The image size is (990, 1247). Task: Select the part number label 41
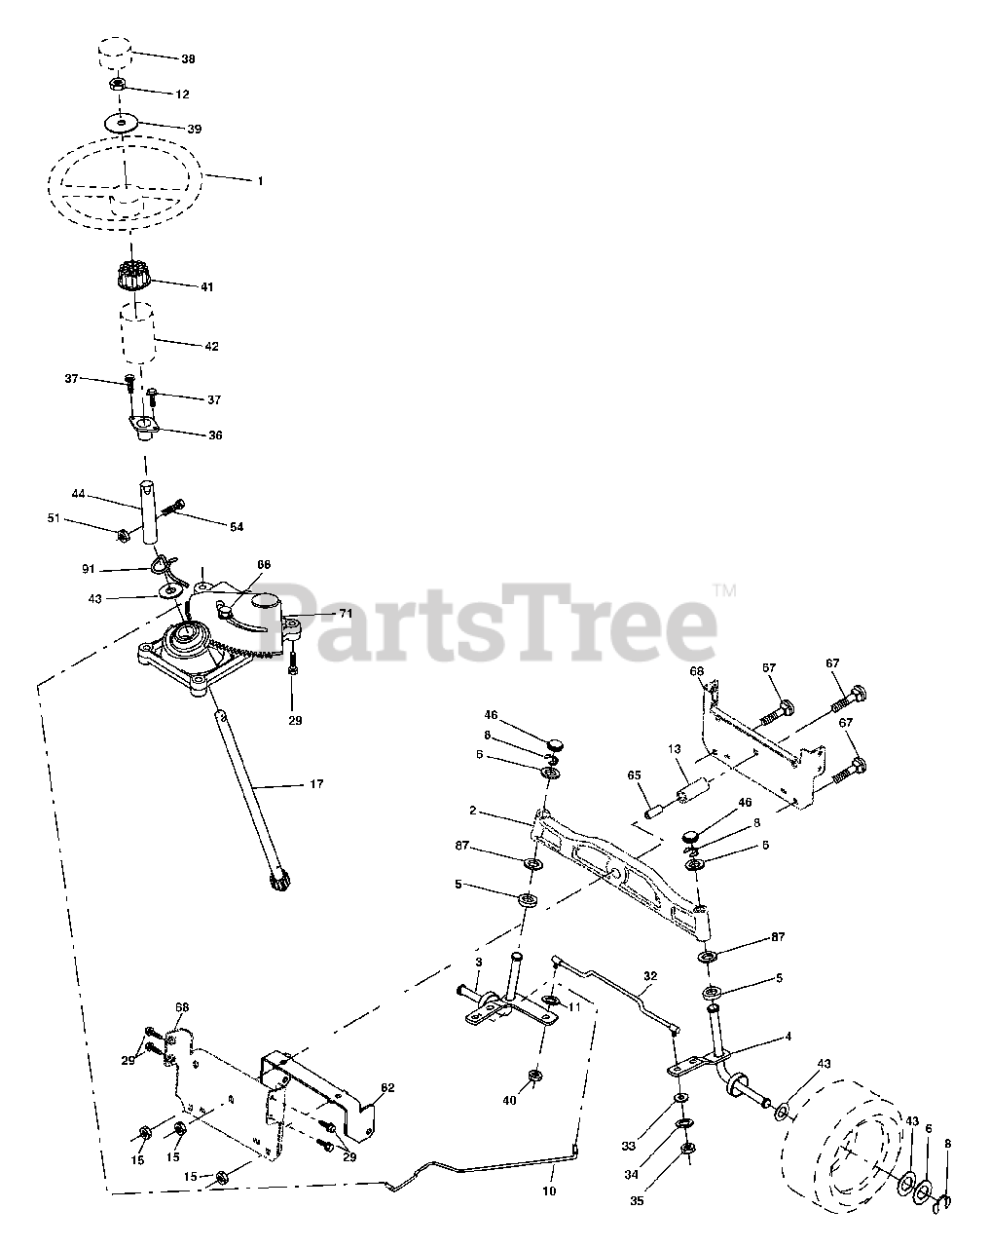(205, 287)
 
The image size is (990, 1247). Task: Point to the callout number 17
(316, 784)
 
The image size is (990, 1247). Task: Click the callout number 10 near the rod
(548, 1191)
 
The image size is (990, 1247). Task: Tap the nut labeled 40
(534, 1077)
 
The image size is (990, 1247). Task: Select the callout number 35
(637, 1201)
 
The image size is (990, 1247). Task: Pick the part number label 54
(237, 527)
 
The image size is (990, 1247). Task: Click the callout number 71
(318, 615)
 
